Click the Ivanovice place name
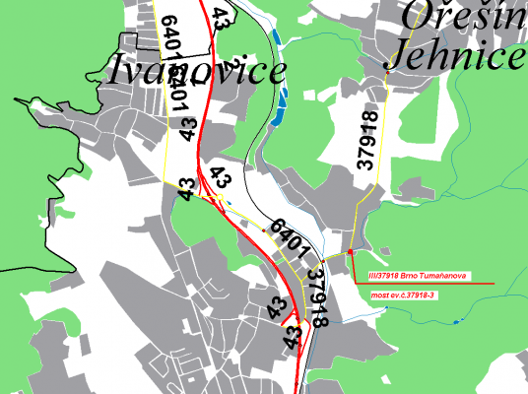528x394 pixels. coord(197,70)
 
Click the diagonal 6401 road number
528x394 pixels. coord(291,236)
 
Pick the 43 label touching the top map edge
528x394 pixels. coord(222,14)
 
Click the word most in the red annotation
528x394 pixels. coord(379,294)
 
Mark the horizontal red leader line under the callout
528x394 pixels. coord(424,284)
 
